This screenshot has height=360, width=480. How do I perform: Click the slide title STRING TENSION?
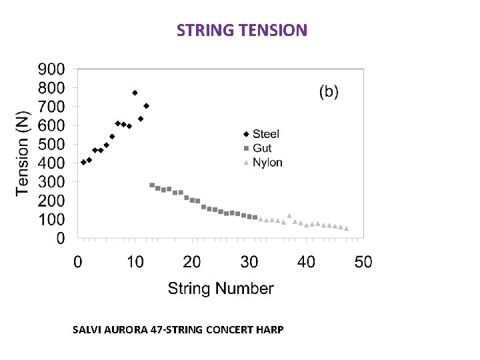pos(242,30)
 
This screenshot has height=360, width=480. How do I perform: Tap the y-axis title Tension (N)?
pos(22,153)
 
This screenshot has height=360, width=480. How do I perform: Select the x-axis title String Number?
pos(220,289)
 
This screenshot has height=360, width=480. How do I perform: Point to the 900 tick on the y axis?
pos(51,69)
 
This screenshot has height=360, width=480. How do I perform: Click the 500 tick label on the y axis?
pos(51,144)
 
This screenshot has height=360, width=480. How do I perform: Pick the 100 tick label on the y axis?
pos(51,219)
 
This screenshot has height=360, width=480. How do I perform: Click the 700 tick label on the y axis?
pos(51,107)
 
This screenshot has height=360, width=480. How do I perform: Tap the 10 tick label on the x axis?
pos(135,262)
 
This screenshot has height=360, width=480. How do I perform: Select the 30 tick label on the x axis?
pos(249,262)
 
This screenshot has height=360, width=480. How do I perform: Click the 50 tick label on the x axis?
pos(363,262)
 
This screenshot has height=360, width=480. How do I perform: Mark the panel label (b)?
pos(328,92)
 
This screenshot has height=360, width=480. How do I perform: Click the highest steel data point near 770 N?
pos(135,93)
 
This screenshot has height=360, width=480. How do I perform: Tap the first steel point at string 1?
pos(83,162)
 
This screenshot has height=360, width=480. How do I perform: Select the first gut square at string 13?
pos(152,185)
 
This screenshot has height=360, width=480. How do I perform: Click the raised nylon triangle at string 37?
pos(289,215)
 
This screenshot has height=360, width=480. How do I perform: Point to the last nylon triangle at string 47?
pos(346,229)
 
